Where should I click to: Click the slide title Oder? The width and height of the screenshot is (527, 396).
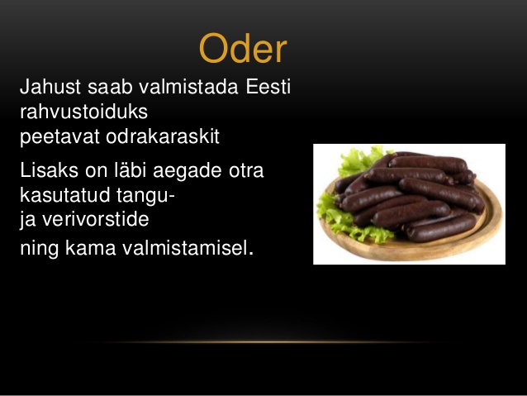(243, 48)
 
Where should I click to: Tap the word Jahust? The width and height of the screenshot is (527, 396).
(50, 87)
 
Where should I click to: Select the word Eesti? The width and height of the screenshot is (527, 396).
(268, 87)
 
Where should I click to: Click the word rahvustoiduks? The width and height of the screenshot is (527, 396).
(83, 112)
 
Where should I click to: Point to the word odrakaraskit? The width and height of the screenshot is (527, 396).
(163, 136)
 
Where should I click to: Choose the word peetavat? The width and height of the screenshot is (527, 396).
(59, 137)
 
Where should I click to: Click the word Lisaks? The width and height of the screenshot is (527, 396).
(49, 170)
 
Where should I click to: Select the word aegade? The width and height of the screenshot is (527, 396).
(188, 170)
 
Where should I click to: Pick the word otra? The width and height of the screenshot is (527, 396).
(246, 170)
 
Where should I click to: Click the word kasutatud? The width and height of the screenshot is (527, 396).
(65, 194)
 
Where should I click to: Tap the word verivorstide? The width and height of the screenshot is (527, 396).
(96, 219)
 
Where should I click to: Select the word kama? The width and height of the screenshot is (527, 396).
(90, 248)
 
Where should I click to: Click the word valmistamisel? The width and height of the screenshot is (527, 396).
(188, 248)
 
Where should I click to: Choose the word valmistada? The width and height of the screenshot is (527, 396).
(188, 87)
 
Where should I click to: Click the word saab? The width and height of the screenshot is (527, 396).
(110, 87)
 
